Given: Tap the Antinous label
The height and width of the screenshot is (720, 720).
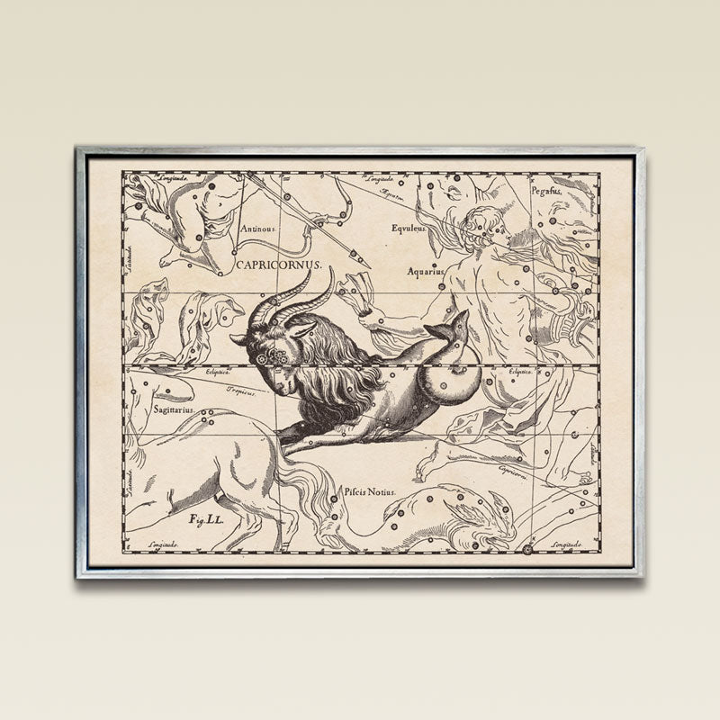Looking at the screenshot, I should pyautogui.click(x=258, y=228).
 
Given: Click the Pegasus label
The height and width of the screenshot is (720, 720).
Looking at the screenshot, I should pyautogui.click(x=546, y=191).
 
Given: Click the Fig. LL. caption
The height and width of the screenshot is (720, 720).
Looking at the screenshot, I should pyautogui.click(x=206, y=519).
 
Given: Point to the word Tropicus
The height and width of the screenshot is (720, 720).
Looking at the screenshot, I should pyautogui.click(x=241, y=391).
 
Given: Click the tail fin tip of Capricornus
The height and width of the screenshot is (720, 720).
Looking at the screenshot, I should pyautogui.click(x=463, y=314).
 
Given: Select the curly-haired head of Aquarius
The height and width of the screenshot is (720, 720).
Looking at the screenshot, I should pyautogui.click(x=483, y=224).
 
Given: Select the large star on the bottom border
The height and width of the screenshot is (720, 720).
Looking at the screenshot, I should pyautogui.click(x=526, y=547).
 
